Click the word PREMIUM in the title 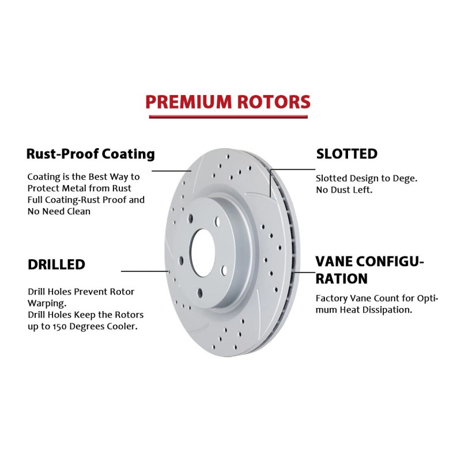click(186, 102)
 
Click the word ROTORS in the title click(271, 102)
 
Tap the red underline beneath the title click(229, 116)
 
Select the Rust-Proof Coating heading click(90, 154)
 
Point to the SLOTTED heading click(347, 154)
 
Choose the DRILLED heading click(56, 264)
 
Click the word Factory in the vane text click(331, 298)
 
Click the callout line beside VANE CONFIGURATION click(304, 271)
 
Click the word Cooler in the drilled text click(124, 326)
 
